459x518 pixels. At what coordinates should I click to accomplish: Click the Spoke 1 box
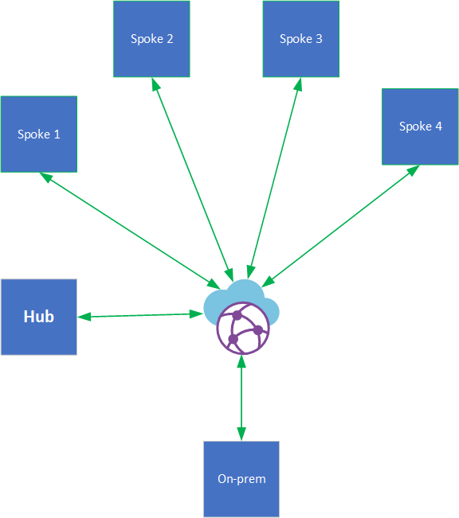(38, 134)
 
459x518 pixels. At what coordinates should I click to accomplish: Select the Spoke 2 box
(151, 39)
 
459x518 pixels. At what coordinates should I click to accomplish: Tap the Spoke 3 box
(300, 39)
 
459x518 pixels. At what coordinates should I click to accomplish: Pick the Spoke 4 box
(420, 127)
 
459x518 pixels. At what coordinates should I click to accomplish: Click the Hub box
(38, 317)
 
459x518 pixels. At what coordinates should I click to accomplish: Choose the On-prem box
(241, 478)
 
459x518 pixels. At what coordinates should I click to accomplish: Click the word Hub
(38, 317)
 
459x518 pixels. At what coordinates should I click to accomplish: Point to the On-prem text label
(241, 479)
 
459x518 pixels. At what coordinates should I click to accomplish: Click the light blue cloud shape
(241, 298)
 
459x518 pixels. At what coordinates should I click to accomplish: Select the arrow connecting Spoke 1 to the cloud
(131, 231)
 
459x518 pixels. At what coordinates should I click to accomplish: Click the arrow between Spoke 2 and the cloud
(192, 176)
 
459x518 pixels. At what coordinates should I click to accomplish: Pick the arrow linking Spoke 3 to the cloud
(276, 176)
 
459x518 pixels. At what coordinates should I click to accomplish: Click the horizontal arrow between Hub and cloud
(140, 316)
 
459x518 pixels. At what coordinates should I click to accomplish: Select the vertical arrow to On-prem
(241, 398)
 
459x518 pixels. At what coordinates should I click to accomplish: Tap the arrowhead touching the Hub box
(84, 317)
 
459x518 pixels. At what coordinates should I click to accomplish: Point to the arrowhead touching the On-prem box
(241, 434)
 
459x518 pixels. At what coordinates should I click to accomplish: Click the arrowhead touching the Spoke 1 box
(46, 178)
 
